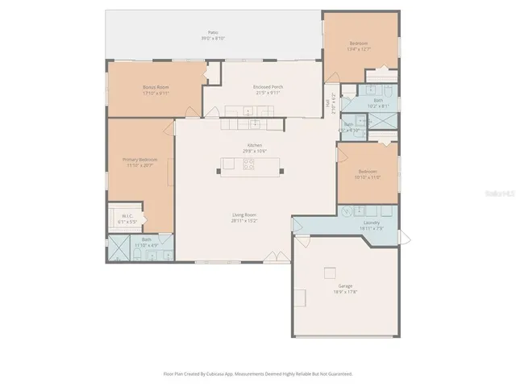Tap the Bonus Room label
click(x=156, y=89)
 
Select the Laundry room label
click(x=372, y=224)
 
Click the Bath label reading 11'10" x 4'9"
click(x=147, y=241)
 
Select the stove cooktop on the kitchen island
click(x=249, y=165)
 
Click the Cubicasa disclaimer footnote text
click(x=257, y=373)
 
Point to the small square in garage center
click(x=329, y=272)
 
